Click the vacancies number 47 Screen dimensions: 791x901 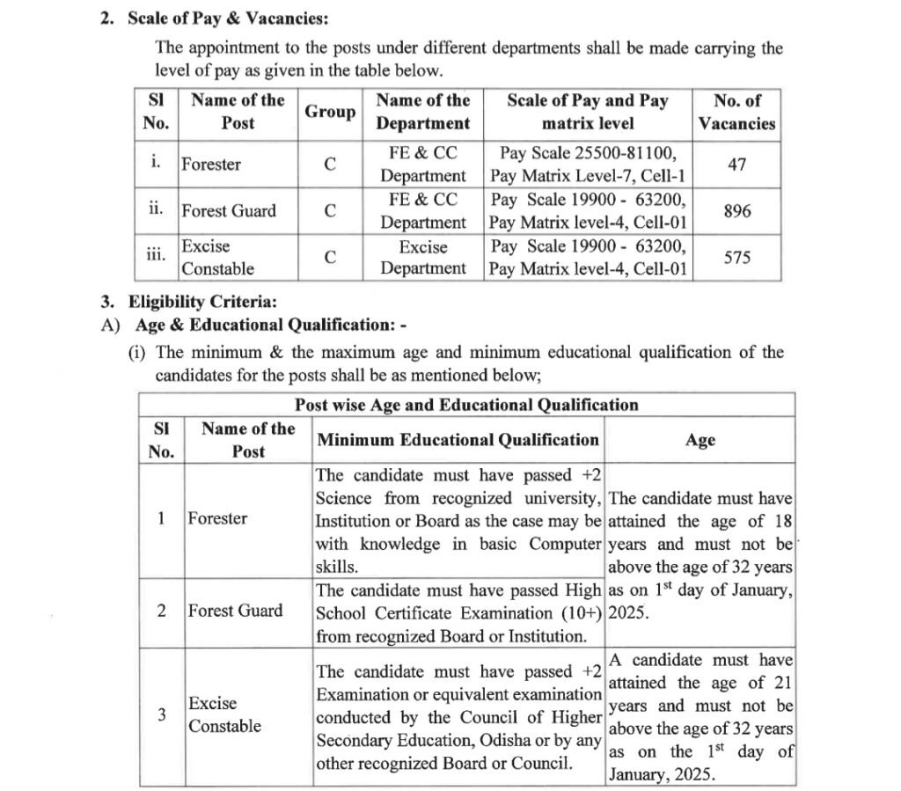(737, 165)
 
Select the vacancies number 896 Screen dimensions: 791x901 (737, 211)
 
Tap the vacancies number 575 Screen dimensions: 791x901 (737, 257)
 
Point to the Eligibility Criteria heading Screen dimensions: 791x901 (202, 304)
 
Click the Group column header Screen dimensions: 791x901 (330, 112)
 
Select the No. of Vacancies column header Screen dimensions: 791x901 (737, 112)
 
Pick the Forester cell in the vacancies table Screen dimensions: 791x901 (211, 165)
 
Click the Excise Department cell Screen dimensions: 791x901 (423, 257)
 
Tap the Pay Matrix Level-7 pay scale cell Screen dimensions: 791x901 (589, 165)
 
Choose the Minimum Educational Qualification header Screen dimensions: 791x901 (458, 440)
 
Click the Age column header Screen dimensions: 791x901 (700, 441)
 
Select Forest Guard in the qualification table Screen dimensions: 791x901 (235, 611)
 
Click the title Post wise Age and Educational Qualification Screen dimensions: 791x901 (466, 405)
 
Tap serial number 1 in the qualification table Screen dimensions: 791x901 (162, 518)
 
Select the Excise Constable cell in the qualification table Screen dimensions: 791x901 (224, 714)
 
